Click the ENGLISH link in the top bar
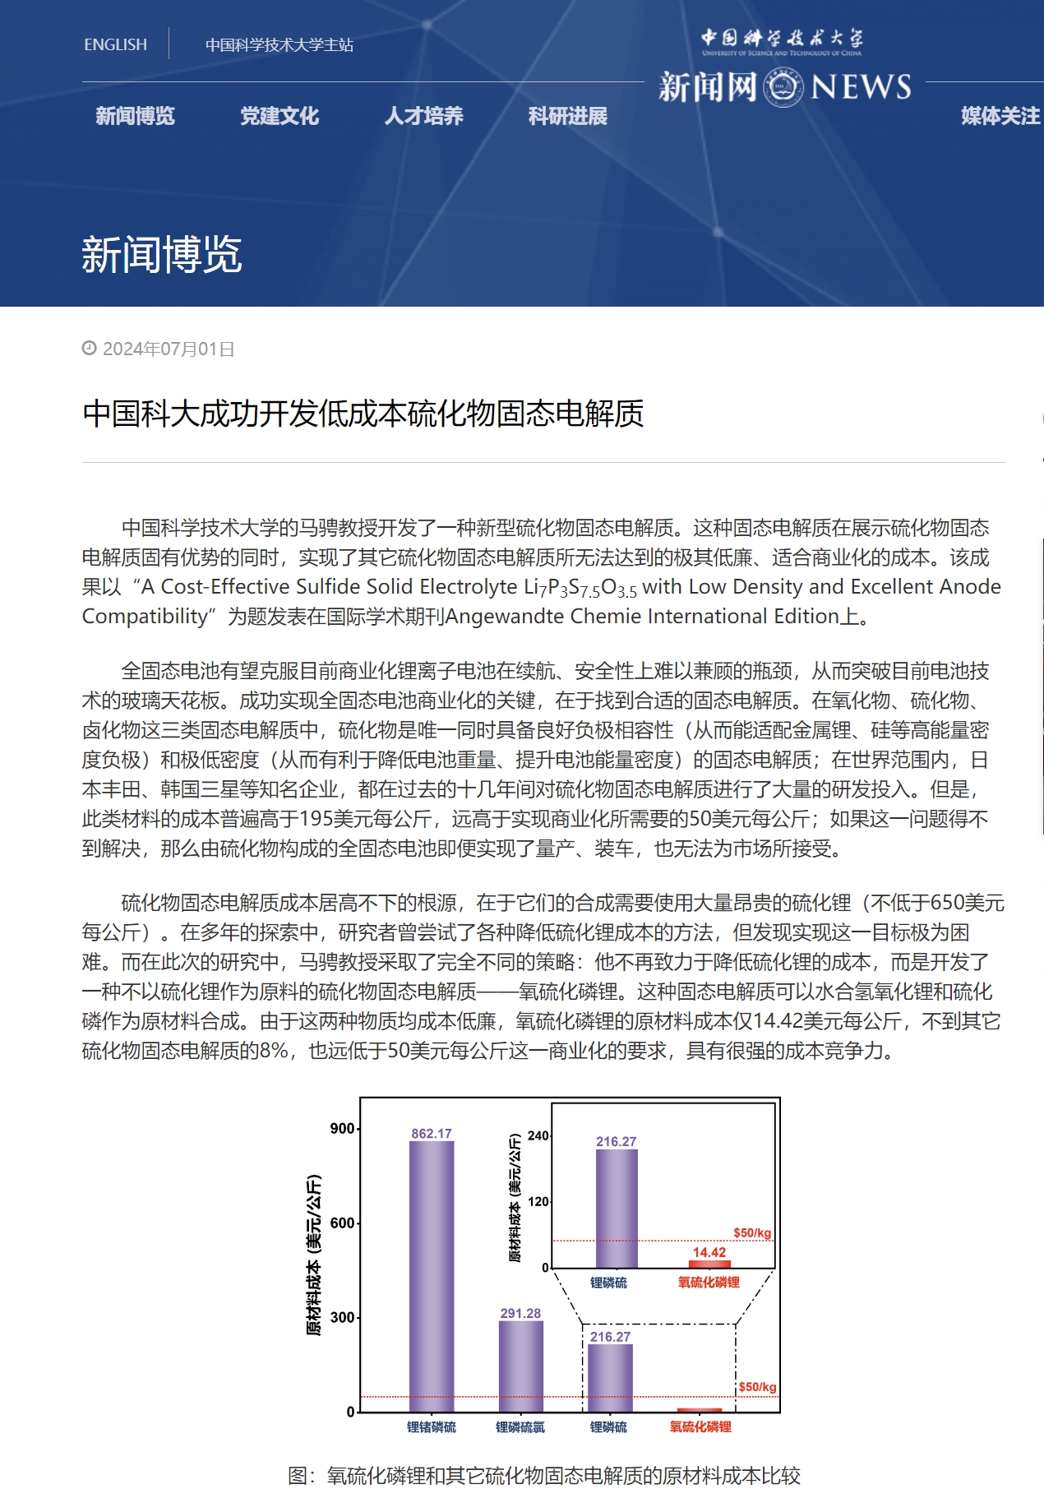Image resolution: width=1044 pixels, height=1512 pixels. point(115,44)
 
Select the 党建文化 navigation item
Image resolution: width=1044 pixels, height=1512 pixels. point(279,116)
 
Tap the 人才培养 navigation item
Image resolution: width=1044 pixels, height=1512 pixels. point(423,116)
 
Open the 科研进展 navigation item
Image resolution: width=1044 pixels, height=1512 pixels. point(568,116)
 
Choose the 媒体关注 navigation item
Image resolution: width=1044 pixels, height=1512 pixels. point(1000,116)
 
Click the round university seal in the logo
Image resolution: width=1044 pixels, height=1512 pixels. point(783,86)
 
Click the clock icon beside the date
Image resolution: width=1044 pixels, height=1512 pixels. point(89,349)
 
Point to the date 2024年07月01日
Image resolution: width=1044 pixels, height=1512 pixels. point(169,349)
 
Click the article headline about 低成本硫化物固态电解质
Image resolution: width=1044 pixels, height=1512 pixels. point(363,414)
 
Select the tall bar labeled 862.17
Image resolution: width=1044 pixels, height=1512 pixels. point(432,1274)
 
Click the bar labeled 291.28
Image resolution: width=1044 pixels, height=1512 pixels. point(520,1366)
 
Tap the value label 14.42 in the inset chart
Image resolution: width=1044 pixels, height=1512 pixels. point(709,1252)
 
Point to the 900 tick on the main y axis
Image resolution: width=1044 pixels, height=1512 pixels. point(342,1128)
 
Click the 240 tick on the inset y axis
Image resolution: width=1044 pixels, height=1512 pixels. point(538,1135)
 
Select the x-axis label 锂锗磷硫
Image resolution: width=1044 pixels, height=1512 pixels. point(432,1427)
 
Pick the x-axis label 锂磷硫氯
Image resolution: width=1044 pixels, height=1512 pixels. point(520,1427)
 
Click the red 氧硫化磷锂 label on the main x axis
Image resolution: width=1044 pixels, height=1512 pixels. point(700,1427)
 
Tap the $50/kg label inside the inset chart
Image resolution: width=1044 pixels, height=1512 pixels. point(752,1232)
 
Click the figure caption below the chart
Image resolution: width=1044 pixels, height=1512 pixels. point(543,1476)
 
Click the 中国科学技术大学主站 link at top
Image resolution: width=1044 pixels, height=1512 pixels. point(279,44)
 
